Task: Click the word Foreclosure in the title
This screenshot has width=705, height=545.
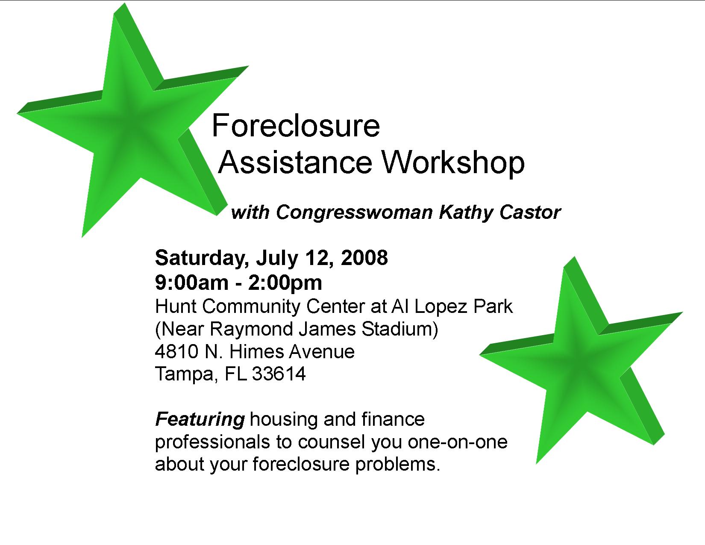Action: (296, 126)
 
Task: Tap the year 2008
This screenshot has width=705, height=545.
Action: (364, 258)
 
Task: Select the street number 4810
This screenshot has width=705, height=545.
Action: (177, 351)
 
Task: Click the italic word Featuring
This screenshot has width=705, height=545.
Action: (200, 420)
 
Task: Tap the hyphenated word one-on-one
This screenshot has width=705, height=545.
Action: (458, 442)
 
